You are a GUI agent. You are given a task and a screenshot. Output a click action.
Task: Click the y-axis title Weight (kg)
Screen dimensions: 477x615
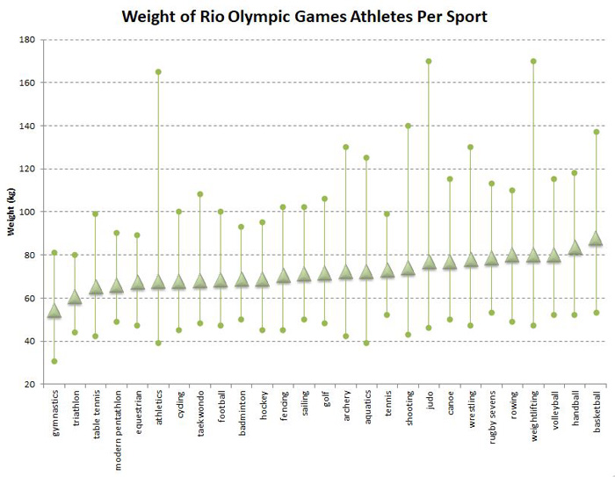pos(11,212)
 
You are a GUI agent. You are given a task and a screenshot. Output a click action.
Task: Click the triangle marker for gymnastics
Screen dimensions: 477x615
pos(54,311)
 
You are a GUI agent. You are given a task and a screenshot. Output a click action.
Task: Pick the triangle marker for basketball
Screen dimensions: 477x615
pos(596,238)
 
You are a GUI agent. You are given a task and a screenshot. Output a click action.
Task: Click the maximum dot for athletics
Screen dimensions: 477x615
pos(158,72)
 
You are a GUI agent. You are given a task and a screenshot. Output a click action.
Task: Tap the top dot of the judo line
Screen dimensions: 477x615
pos(429,61)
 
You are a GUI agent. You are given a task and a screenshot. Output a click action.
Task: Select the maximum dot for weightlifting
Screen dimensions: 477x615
pos(533,61)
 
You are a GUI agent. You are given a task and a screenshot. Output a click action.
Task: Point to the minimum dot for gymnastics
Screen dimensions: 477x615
pos(54,361)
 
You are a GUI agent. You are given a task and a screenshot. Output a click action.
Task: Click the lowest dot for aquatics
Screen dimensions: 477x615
pos(366,343)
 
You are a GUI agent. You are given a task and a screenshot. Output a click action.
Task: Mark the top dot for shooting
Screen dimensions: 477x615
pos(408,126)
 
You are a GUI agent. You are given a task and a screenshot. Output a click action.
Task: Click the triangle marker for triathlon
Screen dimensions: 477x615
pos(75,298)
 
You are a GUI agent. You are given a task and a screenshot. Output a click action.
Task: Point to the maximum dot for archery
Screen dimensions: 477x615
pos(345,148)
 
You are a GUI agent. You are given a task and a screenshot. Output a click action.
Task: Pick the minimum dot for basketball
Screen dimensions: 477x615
pos(596,313)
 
